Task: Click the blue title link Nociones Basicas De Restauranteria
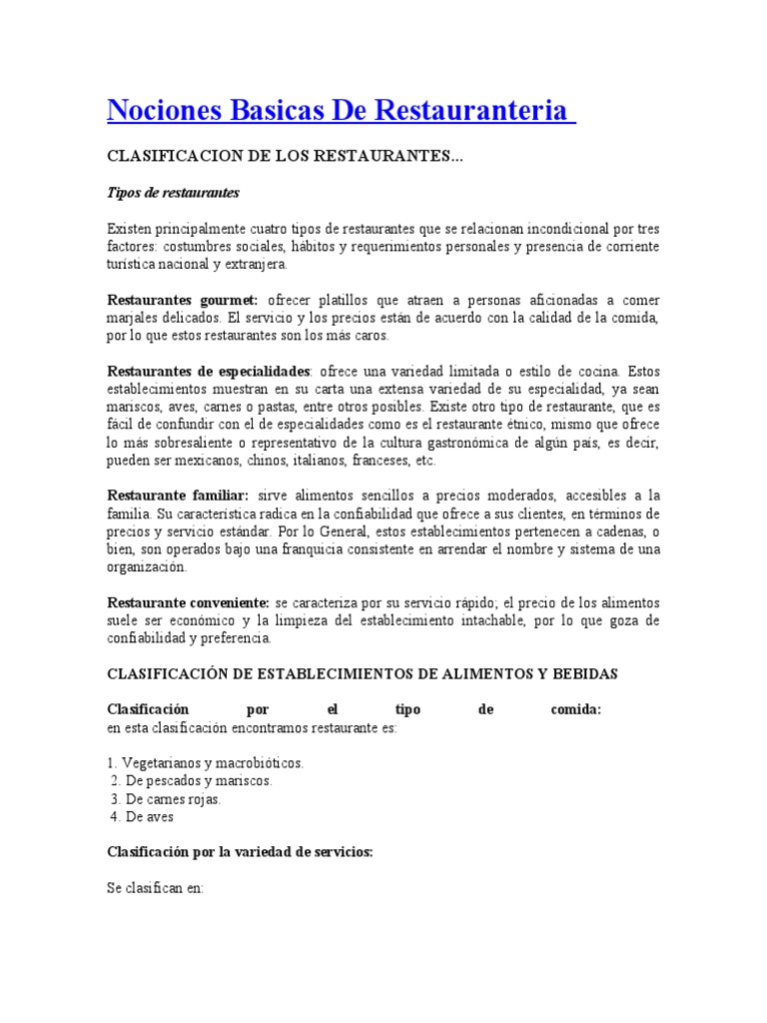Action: pyautogui.click(x=340, y=110)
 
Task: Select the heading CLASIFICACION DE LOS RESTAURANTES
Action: pyautogui.click(x=285, y=157)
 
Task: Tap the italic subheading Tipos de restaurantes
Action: pyautogui.click(x=173, y=192)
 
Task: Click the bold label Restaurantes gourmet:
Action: pyautogui.click(x=182, y=300)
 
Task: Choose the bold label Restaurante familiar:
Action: pyautogui.click(x=177, y=497)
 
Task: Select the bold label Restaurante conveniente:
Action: pyautogui.click(x=188, y=603)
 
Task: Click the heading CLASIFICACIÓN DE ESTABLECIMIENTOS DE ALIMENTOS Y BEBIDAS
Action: pyautogui.click(x=362, y=674)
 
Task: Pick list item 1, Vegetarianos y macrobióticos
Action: pyautogui.click(x=205, y=763)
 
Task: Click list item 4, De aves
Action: pyautogui.click(x=143, y=817)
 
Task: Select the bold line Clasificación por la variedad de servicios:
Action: pyautogui.click(x=240, y=852)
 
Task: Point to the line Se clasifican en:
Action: pyautogui.click(x=155, y=887)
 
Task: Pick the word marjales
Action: pyautogui.click(x=131, y=318)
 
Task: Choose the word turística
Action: pyautogui.click(x=134, y=265)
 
